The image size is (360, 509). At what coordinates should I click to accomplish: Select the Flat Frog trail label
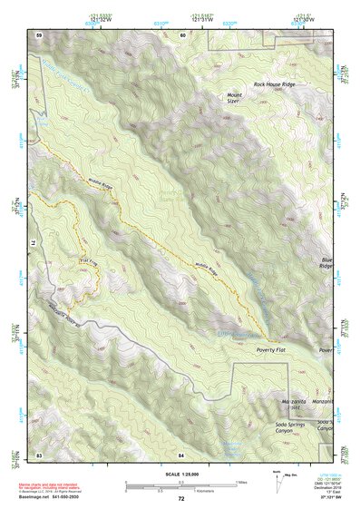point(88,261)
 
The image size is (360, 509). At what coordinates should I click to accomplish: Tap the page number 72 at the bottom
point(180,499)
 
